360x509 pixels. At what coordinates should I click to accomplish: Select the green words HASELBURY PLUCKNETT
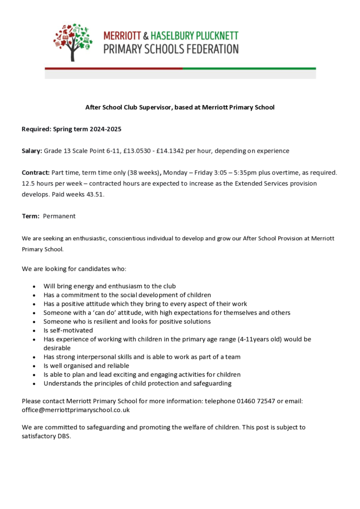pos(194,36)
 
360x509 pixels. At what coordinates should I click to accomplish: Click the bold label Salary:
pos(32,151)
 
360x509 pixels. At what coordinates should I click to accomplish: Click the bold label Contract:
pos(36,172)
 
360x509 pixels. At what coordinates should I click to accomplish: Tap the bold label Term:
pos(30,216)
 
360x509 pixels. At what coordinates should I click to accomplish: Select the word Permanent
pos(59,216)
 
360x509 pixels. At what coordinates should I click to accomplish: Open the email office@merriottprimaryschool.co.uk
pos(75,410)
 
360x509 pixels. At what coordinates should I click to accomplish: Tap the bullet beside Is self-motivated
pos(34,331)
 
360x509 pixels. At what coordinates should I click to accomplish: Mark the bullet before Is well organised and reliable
pos(34,366)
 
